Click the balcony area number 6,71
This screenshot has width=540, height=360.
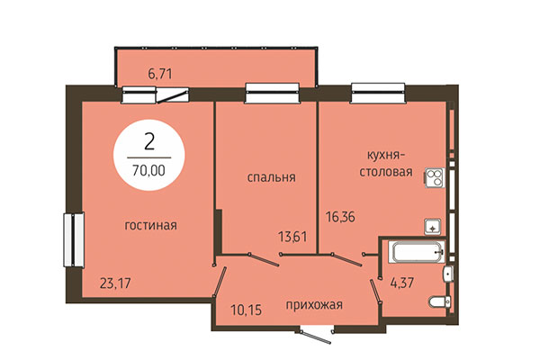point(159,74)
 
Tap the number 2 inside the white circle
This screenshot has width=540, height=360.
point(148,140)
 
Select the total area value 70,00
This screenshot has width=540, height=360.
point(148,167)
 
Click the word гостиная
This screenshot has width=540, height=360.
point(150,226)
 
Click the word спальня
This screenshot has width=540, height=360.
point(272,177)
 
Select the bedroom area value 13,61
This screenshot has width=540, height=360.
point(292,238)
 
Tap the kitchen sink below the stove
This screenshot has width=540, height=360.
point(433,227)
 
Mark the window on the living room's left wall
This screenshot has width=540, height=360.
point(68,238)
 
